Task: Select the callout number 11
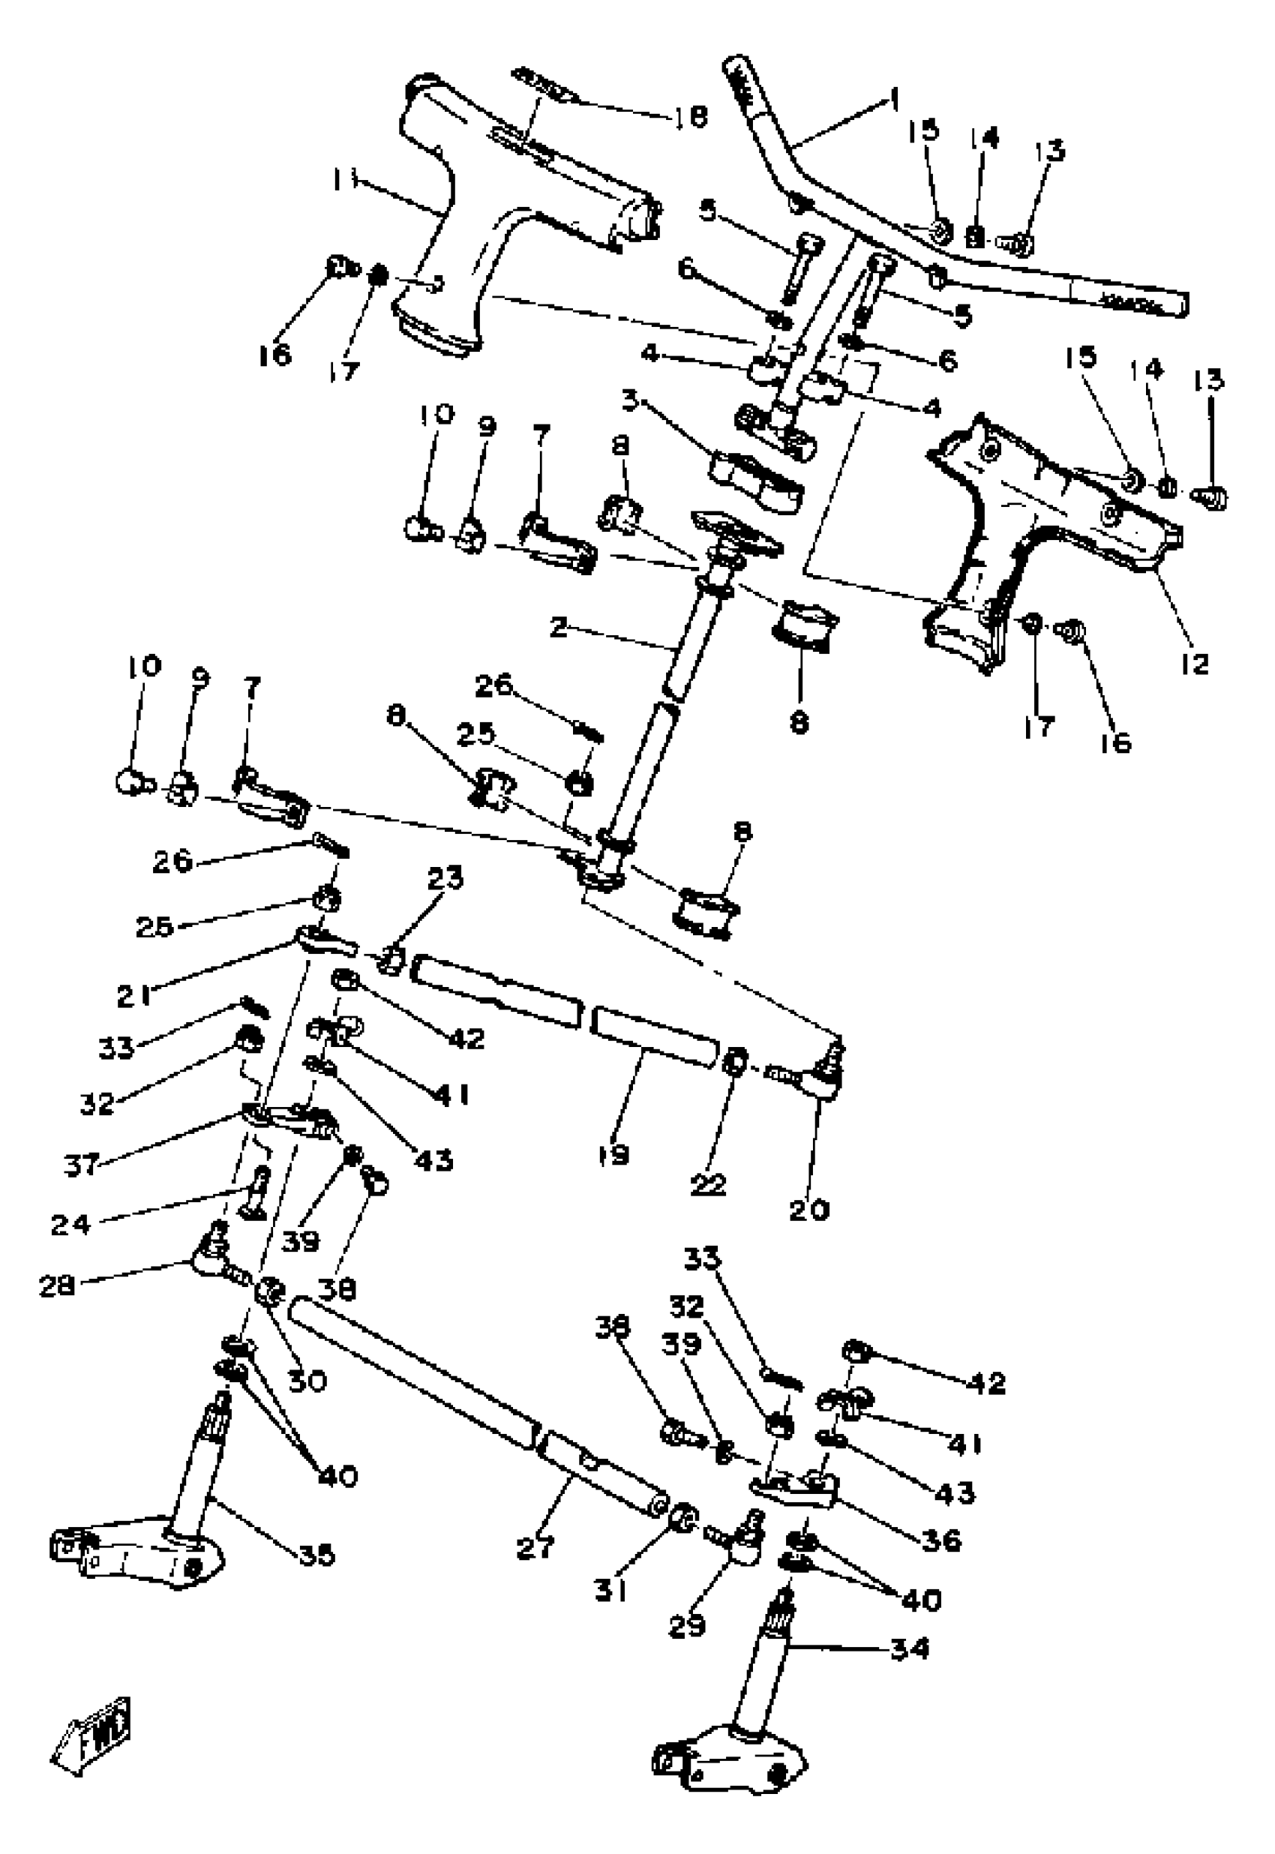click(344, 181)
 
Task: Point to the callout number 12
click(1195, 663)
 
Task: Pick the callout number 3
click(631, 400)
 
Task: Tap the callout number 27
click(535, 1547)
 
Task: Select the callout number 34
click(910, 1648)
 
